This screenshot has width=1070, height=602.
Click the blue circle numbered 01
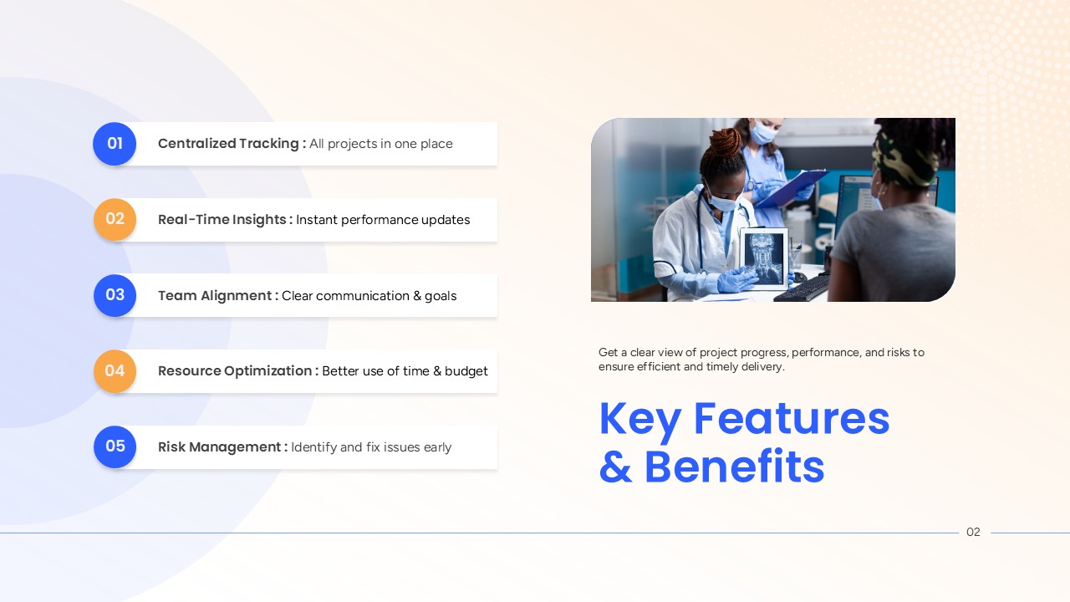coord(115,144)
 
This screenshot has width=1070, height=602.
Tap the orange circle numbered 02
coord(115,219)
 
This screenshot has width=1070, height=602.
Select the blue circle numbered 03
coord(115,295)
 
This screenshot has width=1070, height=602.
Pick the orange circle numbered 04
coord(115,370)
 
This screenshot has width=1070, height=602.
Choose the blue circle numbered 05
coord(115,446)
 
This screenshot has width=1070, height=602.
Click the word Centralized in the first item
coord(196,143)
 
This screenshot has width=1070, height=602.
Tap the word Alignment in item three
coord(236,296)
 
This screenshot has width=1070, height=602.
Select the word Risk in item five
coord(171,446)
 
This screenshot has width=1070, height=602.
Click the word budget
coord(466,371)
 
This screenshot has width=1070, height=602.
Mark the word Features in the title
coord(792,419)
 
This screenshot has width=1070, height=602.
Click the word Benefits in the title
coord(735,467)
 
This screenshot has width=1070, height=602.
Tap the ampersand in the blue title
coord(616,467)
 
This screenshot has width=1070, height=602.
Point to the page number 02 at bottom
coord(973,532)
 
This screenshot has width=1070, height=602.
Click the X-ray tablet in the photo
coord(763,258)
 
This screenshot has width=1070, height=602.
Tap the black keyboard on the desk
coord(802,288)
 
